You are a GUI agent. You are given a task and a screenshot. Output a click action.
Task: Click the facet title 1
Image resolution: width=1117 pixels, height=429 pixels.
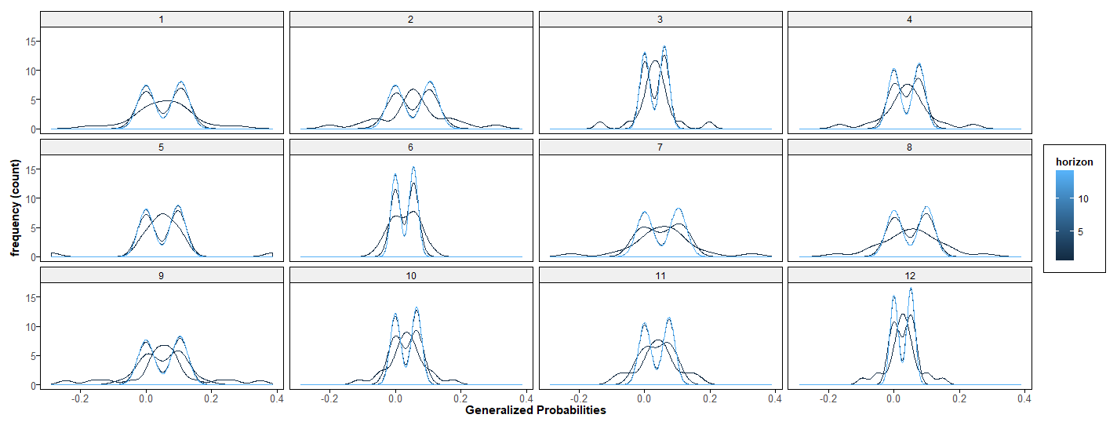161,19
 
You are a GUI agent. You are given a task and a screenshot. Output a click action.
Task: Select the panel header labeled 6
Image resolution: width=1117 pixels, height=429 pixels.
411,147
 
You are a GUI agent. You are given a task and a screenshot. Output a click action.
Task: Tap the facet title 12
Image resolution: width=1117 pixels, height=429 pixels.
910,275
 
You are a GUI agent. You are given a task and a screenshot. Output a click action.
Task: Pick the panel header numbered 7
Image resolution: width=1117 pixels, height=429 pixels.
660,147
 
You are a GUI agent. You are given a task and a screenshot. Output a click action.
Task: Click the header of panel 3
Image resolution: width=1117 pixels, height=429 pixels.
660,19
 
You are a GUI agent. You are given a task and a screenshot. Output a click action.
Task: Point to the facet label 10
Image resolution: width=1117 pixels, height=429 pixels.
411,275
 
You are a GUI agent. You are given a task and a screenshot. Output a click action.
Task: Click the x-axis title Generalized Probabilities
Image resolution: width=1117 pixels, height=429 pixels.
536,410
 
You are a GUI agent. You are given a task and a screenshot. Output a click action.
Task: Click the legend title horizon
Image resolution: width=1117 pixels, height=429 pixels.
1075,162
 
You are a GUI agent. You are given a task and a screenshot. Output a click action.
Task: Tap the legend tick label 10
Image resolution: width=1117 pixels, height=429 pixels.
1083,198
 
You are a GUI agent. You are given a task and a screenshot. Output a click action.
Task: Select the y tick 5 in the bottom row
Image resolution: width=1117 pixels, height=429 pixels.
32,356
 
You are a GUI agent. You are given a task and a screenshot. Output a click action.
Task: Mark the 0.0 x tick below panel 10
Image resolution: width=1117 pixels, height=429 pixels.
395,398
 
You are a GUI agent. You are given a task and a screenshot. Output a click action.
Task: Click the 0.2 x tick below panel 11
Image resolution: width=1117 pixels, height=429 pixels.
710,398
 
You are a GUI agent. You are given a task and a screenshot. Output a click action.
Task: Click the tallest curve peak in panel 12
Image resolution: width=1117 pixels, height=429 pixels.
911,289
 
